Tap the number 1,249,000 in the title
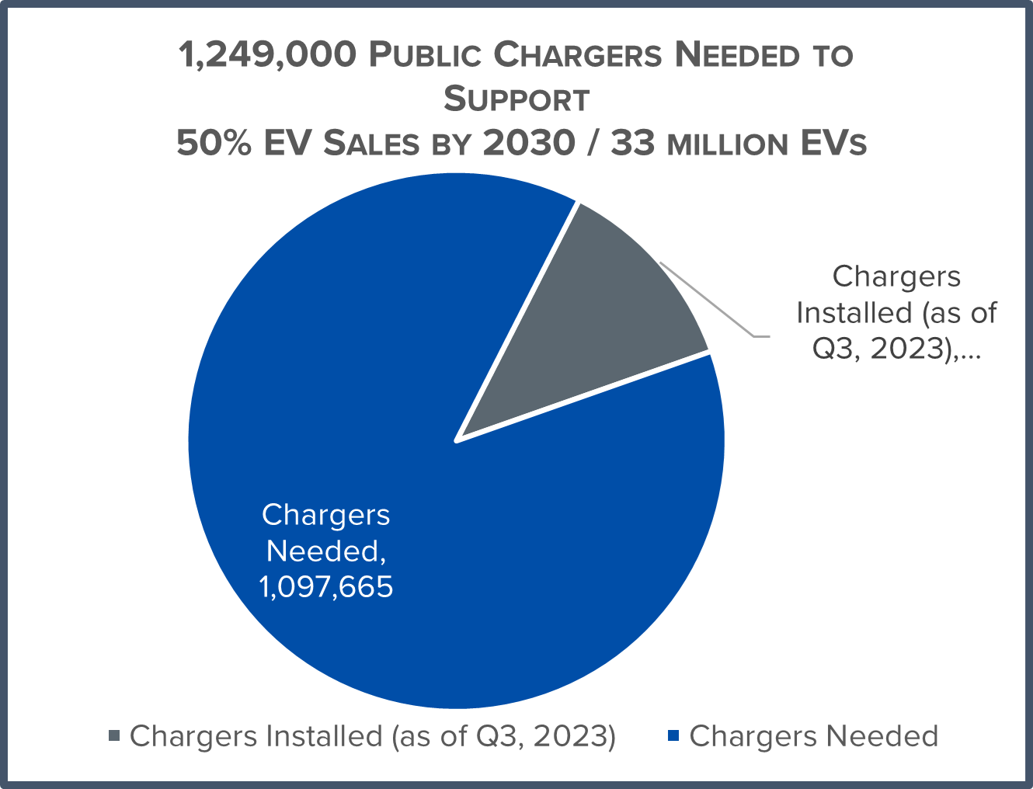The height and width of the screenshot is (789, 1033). click(x=268, y=56)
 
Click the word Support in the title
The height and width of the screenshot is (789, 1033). click(x=516, y=100)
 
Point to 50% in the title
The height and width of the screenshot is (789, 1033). click(x=214, y=144)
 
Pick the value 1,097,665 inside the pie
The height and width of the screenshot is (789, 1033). click(x=326, y=587)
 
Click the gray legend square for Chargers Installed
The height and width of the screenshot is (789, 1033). click(x=115, y=735)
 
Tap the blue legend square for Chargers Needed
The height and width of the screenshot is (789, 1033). click(x=673, y=735)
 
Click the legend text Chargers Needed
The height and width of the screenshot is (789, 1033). click(x=813, y=736)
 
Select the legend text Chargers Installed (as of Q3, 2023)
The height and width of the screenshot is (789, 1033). click(x=373, y=736)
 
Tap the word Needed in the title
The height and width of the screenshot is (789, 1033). click(x=737, y=56)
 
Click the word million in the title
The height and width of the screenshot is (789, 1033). click(x=729, y=145)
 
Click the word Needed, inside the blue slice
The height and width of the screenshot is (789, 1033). click(x=326, y=551)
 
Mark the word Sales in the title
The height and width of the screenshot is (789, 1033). click(x=370, y=144)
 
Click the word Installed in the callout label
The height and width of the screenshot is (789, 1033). click(x=854, y=313)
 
